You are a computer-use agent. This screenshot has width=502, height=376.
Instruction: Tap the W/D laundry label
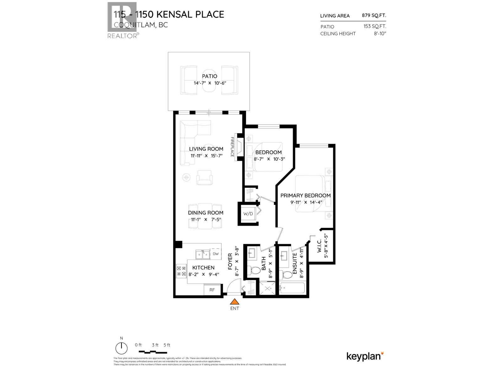pyautogui.click(x=248, y=214)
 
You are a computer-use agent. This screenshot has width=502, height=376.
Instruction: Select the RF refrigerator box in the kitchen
pyautogui.click(x=212, y=290)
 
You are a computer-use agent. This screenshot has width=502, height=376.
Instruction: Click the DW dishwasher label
pyautogui.click(x=216, y=254)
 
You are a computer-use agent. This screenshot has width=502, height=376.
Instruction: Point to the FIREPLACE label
pyautogui.click(x=232, y=147)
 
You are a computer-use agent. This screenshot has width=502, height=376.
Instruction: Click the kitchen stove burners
pyautogui.click(x=181, y=271)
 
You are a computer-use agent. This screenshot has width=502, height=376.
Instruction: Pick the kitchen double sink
pyautogui.click(x=202, y=254)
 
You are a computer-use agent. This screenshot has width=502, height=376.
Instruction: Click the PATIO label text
pyautogui.click(x=210, y=76)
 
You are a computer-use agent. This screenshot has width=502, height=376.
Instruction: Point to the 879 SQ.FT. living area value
pyautogui.click(x=375, y=15)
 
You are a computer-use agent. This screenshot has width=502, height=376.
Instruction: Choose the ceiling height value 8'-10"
pyautogui.click(x=379, y=34)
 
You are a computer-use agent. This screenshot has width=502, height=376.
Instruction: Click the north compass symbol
pyautogui.click(x=121, y=348)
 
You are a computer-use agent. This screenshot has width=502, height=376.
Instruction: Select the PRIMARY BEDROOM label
pyautogui.click(x=305, y=196)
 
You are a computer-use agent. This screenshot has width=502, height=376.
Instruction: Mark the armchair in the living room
pyautogui.click(x=204, y=178)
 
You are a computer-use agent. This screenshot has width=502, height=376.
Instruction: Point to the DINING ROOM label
pyautogui.click(x=206, y=213)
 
